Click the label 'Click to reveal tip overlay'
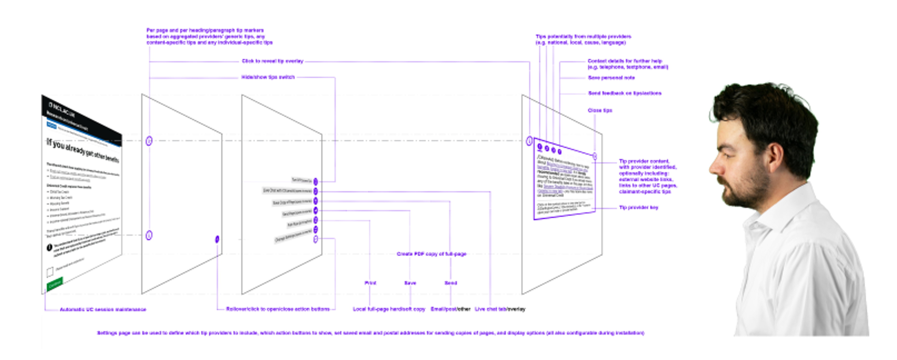272,61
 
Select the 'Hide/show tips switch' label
268,77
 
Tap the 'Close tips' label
600,110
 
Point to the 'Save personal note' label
611,78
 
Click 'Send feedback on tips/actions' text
624,93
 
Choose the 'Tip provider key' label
638,207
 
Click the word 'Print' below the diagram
370,283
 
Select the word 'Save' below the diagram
410,283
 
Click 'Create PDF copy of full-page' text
431,254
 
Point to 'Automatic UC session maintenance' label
103,310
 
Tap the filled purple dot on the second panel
217,239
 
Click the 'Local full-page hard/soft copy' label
389,309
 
